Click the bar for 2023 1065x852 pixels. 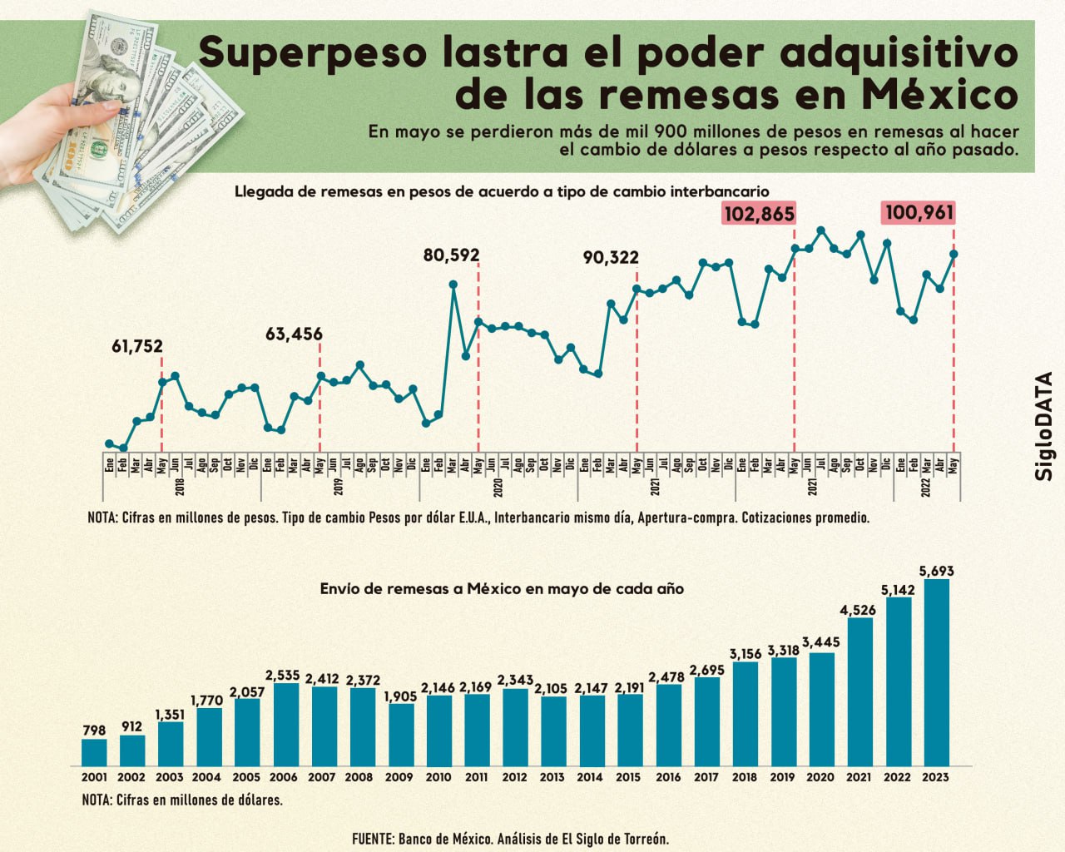936,672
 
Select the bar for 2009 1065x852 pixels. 401,734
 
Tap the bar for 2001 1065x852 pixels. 94,752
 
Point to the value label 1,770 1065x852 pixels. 207,701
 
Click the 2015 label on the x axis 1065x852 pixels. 628,777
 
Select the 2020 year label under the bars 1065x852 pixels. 820,777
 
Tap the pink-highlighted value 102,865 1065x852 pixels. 759,214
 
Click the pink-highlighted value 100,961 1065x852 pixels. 919,213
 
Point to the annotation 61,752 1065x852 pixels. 137,347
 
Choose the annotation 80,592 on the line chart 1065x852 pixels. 451,255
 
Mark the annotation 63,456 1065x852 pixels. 294,334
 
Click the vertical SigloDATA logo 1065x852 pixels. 1044,425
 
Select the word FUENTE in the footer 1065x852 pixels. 371,839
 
